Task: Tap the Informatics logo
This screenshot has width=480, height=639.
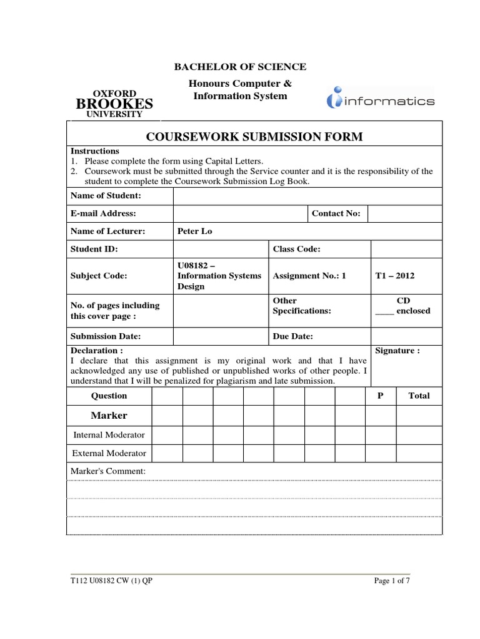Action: (x=381, y=100)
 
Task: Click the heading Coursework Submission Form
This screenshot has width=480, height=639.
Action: (x=254, y=137)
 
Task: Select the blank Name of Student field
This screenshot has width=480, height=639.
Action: (x=307, y=196)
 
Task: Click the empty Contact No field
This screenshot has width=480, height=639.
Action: (x=406, y=213)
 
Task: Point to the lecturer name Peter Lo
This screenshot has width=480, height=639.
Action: (x=195, y=231)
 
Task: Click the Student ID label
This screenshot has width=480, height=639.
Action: (x=94, y=249)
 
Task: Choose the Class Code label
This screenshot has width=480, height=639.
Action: (x=297, y=249)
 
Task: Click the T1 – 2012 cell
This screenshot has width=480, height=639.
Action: (x=394, y=275)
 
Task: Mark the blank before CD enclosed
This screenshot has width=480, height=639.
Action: (x=384, y=311)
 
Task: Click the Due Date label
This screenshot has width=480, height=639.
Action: (x=293, y=336)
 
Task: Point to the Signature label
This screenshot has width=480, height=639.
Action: (x=397, y=351)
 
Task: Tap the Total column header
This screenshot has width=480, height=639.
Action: (x=419, y=396)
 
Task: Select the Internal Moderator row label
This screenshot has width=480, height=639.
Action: (x=109, y=434)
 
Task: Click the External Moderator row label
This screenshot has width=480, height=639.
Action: (x=109, y=453)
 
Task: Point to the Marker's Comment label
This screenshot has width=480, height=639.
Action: (x=108, y=471)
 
